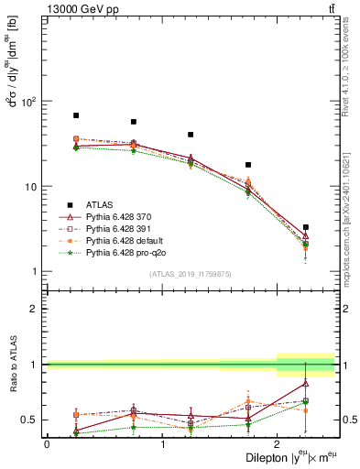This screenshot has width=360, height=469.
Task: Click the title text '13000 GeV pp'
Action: (x=77, y=7)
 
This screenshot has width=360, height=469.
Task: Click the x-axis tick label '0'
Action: (x=47, y=444)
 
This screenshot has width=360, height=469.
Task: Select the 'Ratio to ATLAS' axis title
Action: (x=12, y=365)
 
